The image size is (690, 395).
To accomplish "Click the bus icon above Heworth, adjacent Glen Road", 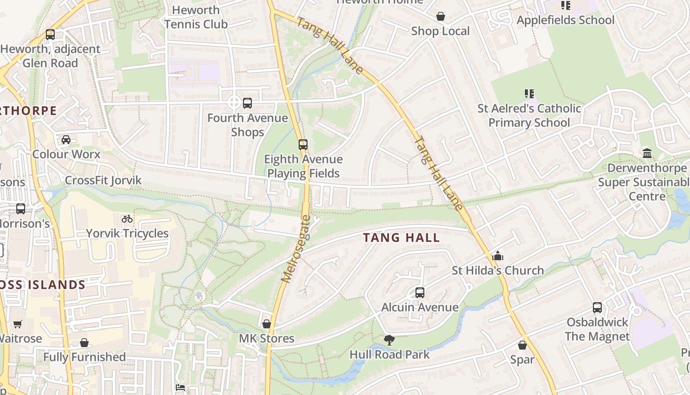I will pos(50,35).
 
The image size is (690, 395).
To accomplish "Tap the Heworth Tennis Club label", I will pos(196,17).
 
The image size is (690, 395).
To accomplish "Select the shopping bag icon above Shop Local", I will pos(441,17).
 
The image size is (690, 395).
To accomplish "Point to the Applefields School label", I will pos(565,20).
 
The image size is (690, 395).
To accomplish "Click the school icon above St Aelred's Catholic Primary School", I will pos(529,93).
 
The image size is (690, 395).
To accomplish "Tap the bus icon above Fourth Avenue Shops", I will pos(247,103).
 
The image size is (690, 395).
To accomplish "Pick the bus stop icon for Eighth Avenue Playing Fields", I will pos(303,145).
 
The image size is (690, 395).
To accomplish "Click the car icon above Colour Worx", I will pos(66,140).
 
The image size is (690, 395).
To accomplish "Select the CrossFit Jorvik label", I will pos(103,180).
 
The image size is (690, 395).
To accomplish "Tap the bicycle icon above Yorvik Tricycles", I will pos(127,219).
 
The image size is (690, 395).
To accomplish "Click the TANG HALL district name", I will pos(401,237).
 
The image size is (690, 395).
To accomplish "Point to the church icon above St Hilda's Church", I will pos(498,256).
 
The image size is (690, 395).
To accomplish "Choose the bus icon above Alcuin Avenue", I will pos(420,293).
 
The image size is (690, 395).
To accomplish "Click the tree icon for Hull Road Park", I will pos(389,340).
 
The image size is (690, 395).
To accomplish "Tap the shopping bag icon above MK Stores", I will pos(267,324).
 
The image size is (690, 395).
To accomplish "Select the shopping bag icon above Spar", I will pos(522,345).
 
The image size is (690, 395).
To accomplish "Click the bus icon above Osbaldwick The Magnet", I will pos(597,308).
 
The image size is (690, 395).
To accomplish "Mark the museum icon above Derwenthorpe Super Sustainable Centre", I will pos(647,154).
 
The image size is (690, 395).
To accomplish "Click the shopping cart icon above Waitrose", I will pos(18,324).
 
